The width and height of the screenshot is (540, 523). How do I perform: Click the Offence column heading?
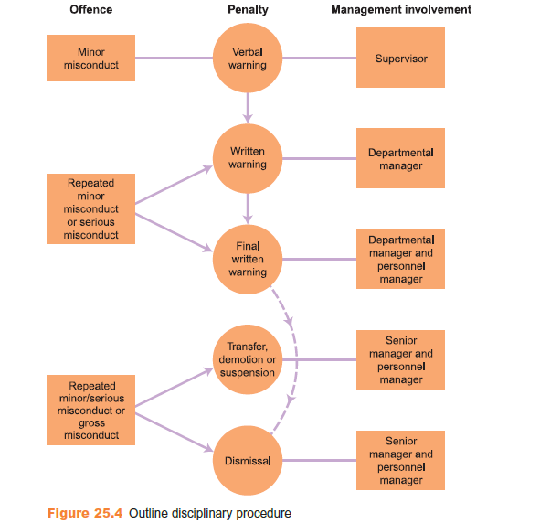[x=91, y=9]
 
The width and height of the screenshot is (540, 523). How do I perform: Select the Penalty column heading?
[x=248, y=10]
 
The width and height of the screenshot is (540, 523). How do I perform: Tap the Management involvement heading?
[x=401, y=9]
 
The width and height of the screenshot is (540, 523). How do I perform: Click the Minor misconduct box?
[x=91, y=58]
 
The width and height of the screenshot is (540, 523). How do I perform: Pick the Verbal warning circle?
[x=248, y=58]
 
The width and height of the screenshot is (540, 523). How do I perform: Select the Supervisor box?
[x=400, y=58]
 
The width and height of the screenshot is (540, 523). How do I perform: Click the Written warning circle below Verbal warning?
[x=248, y=158]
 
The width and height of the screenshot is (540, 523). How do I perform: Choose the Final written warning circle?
[x=248, y=259]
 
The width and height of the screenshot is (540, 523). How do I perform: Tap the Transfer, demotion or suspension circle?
[x=248, y=359]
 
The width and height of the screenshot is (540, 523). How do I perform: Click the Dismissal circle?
[x=248, y=460]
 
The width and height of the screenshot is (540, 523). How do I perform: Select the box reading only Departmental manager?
[x=400, y=158]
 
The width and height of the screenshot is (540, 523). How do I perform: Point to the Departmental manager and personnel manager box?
[x=400, y=259]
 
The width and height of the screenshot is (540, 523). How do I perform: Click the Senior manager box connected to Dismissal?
[x=400, y=460]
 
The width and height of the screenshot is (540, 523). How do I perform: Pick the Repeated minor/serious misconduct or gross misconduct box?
[x=91, y=410]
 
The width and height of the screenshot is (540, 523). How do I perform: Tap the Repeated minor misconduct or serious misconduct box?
[x=91, y=208]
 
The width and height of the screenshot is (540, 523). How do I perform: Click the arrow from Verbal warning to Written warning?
[x=248, y=108]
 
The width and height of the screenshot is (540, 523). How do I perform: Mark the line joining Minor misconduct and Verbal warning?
[x=174, y=58]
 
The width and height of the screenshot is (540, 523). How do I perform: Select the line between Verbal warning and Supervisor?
[x=320, y=58]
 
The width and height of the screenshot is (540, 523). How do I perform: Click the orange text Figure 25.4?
[x=85, y=513]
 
